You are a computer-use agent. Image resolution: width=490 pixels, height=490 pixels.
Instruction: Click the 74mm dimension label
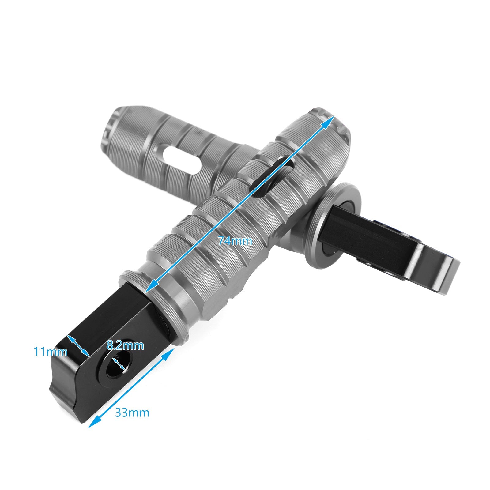pyautogui.click(x=235, y=241)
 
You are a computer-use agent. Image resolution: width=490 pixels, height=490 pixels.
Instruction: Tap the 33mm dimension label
pyautogui.click(x=132, y=413)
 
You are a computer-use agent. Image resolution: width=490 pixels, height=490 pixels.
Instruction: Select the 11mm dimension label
pyautogui.click(x=51, y=352)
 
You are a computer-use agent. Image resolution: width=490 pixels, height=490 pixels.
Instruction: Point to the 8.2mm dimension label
pyautogui.click(x=125, y=346)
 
